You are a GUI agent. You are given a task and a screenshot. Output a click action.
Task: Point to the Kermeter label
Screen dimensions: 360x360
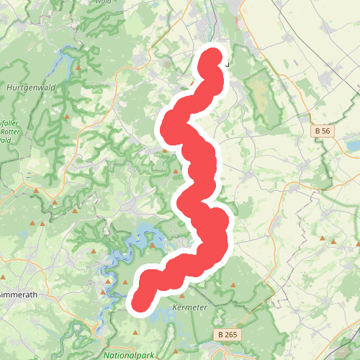click(191, 307)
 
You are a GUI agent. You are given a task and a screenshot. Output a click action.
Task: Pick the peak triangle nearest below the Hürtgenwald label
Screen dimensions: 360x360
click(66, 116)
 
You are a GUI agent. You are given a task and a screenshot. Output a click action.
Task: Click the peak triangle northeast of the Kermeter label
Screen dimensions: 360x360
click(233, 285)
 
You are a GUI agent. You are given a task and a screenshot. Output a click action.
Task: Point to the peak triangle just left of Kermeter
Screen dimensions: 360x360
click(182, 295)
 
